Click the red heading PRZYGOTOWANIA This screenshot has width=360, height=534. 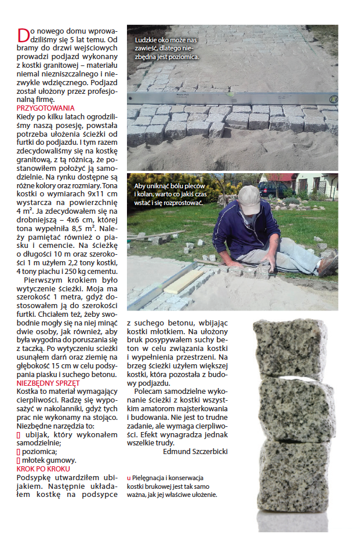pyautogui.click(x=46, y=108)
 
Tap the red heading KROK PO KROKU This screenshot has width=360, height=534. pyautogui.click(x=43, y=469)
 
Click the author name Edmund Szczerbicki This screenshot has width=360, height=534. pyautogui.click(x=196, y=451)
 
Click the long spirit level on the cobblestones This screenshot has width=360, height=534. pyautogui.click(x=232, y=99)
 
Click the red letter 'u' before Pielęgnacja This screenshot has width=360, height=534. pyautogui.click(x=129, y=478)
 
